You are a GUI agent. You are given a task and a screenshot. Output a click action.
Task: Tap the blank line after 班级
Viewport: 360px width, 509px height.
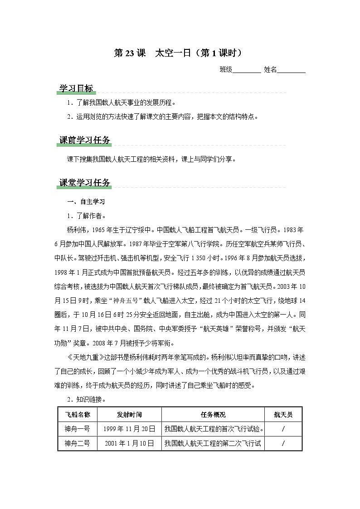coord(247,70)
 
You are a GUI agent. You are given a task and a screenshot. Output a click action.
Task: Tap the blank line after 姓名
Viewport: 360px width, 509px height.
coord(291,70)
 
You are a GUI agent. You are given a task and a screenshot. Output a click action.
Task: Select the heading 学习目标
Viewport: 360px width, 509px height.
coord(76,89)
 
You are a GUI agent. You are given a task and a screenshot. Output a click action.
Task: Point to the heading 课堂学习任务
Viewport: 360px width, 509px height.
coord(85,183)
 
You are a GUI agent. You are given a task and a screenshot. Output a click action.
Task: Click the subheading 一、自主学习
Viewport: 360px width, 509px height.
coord(86,202)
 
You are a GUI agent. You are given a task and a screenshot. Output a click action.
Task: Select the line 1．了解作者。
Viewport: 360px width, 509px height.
coord(86,216)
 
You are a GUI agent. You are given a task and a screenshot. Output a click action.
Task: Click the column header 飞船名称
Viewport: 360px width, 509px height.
coord(78,415)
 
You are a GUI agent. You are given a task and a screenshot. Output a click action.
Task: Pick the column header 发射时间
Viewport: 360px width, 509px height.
coord(129,415)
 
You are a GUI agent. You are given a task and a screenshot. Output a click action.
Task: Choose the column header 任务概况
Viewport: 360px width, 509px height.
coord(213,415)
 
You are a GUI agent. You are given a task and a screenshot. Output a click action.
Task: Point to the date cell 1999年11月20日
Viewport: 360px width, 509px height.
coord(129,429)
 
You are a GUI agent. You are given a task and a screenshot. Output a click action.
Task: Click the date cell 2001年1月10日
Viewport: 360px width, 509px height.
coord(129,443)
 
